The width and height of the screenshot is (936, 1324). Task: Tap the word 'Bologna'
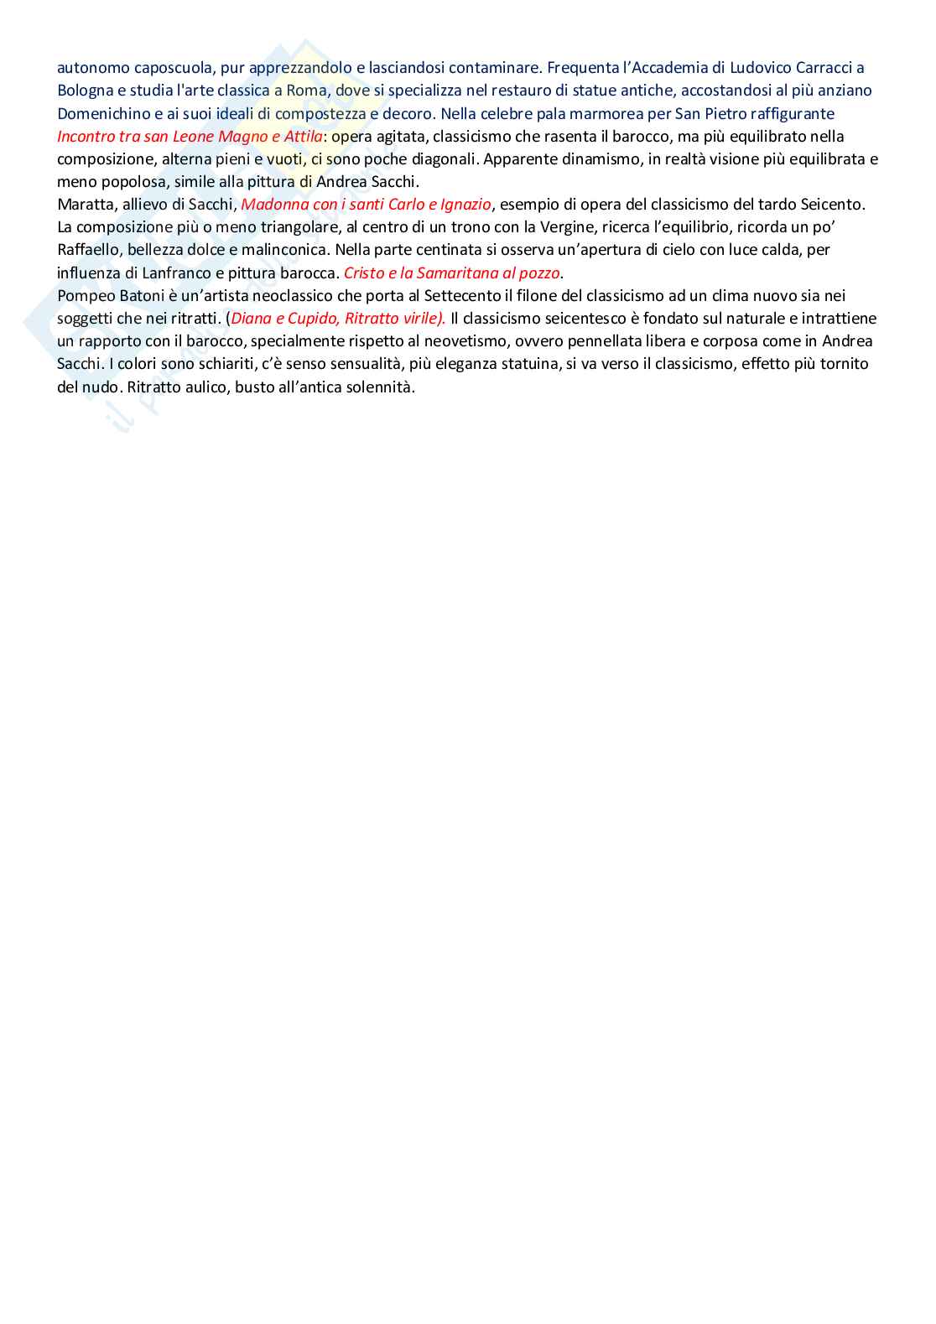pos(86,91)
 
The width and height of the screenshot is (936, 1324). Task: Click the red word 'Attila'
pos(303,136)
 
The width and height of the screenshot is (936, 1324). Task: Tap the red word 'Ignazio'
pos(465,204)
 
